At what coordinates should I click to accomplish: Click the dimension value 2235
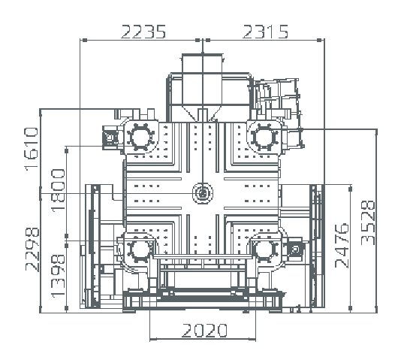(143, 32)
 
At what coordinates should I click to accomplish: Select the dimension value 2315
(265, 32)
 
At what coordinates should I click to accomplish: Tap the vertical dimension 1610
(32, 149)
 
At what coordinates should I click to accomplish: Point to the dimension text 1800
(59, 190)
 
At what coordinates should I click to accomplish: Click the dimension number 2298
(32, 250)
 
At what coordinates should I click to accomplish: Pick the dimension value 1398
(59, 276)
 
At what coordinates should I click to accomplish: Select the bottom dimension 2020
(204, 331)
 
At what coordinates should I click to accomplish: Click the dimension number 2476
(342, 246)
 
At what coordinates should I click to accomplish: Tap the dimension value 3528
(368, 222)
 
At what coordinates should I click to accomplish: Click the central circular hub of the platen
(203, 193)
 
